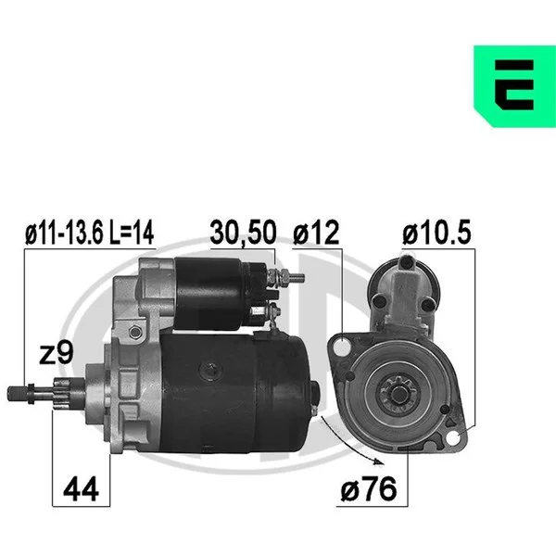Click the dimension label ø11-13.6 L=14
pyautogui.click(x=89, y=233)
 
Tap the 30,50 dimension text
pyautogui.click(x=243, y=233)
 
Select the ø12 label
pyautogui.click(x=316, y=233)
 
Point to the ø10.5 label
pyautogui.click(x=436, y=233)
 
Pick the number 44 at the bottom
pyautogui.click(x=81, y=489)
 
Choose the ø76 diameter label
pyautogui.click(x=369, y=488)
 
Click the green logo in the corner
pyautogui.click(x=514, y=86)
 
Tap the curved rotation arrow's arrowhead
pyautogui.click(x=380, y=461)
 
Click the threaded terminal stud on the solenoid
pyautogui.click(x=286, y=277)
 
